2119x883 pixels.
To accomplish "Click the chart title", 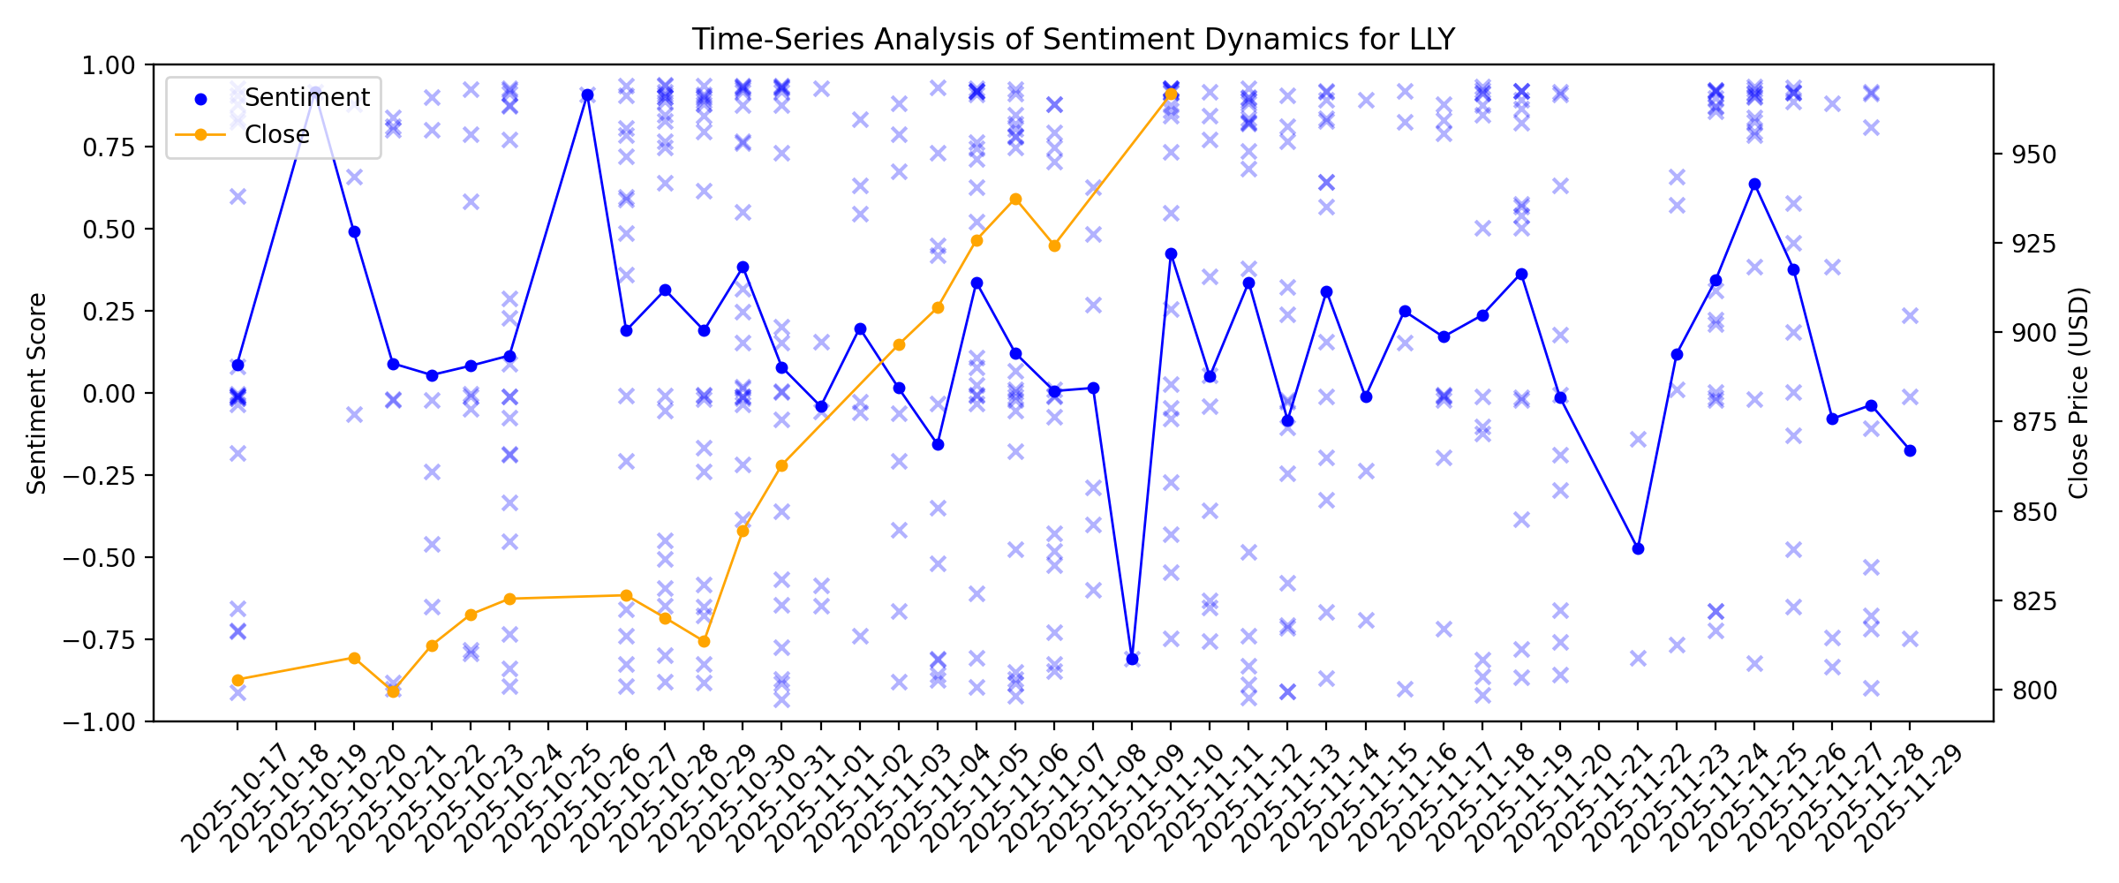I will (1073, 40).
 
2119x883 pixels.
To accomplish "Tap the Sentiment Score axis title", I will (36, 393).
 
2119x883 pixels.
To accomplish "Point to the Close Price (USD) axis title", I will (2079, 393).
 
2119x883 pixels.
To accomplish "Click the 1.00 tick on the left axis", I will (109, 65).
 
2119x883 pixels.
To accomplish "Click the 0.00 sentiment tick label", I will (109, 393).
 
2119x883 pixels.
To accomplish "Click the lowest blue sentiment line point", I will (1132, 659).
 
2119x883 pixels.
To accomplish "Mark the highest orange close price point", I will (1171, 94).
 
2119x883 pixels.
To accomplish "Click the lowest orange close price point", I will (393, 691).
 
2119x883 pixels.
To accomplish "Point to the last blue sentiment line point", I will (1910, 450).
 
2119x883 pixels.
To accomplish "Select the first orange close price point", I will (238, 680).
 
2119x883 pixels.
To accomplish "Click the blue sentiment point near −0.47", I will (1638, 548).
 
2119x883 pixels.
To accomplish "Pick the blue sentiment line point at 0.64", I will (1754, 184).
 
